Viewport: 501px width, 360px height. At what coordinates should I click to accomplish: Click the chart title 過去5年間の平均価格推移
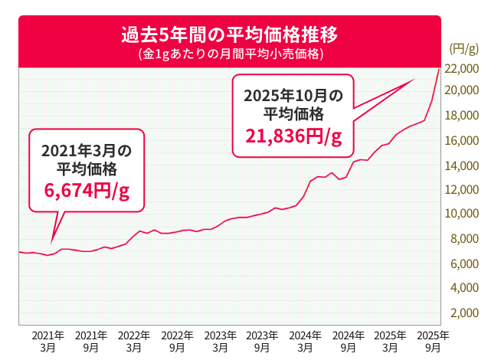click(x=229, y=35)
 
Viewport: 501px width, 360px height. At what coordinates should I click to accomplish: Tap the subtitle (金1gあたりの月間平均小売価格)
click(x=229, y=55)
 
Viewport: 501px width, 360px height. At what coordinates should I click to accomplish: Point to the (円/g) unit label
click(x=463, y=50)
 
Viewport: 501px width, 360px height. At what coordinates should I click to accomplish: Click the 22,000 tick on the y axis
click(x=461, y=68)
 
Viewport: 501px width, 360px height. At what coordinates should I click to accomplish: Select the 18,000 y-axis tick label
click(x=461, y=116)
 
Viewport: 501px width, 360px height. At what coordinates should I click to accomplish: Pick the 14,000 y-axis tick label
click(x=461, y=165)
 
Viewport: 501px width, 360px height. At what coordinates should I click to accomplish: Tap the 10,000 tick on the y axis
click(x=461, y=214)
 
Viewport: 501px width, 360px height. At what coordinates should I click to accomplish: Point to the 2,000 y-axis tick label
click(x=464, y=313)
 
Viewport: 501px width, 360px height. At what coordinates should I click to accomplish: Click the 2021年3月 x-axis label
click(x=47, y=341)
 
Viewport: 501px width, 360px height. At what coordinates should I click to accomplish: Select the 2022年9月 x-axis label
click(x=176, y=341)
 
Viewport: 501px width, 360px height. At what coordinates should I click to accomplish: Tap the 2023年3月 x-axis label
click(x=219, y=341)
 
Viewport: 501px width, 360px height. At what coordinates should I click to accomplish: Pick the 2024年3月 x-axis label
click(x=305, y=341)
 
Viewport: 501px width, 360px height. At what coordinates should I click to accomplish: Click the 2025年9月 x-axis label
click(x=433, y=341)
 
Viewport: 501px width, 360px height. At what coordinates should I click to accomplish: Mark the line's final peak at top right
click(x=438, y=69)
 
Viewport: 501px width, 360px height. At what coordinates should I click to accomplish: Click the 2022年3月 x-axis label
click(x=133, y=341)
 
